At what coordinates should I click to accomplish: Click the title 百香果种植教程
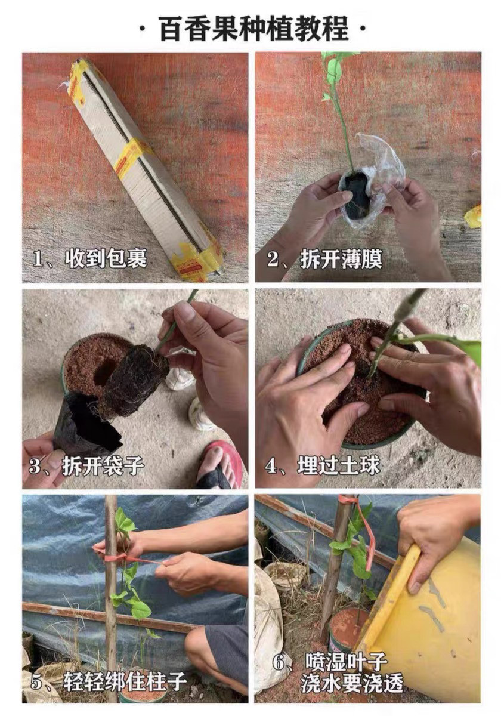253,30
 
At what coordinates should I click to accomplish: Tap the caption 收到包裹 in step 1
106,258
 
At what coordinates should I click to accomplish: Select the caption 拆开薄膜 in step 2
341,258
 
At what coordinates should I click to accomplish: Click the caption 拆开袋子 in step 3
103,465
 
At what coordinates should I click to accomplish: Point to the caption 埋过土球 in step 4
339,465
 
